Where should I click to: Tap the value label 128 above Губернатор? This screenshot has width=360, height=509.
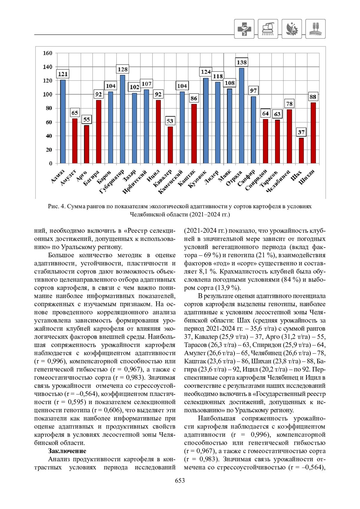tap(122, 69)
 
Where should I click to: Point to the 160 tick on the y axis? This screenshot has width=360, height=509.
tap(47, 53)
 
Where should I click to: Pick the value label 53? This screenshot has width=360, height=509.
tap(170, 121)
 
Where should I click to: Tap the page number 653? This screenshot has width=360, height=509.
tap(180, 481)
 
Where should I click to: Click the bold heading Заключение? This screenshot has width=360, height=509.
tap(67, 451)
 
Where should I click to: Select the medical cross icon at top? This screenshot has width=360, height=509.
tap(244, 29)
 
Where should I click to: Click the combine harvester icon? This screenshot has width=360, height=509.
tap(268, 29)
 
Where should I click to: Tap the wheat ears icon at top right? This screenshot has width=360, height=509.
tap(315, 29)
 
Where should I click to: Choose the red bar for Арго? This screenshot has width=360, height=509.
tap(87, 144)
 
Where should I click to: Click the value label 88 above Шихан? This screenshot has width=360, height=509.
tap(313, 97)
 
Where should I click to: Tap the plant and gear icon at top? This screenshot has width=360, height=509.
tap(292, 29)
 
